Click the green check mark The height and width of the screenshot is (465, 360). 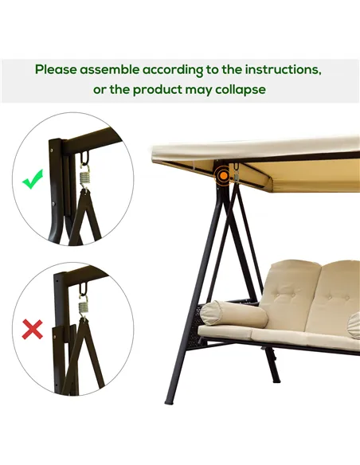tap(33, 181)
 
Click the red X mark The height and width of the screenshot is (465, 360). tap(32, 329)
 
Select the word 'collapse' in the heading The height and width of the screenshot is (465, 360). tap(237, 90)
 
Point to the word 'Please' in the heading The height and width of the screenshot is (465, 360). tap(57, 70)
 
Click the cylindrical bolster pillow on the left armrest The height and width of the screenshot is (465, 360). tap(222, 314)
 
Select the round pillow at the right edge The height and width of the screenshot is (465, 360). tap(354, 325)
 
